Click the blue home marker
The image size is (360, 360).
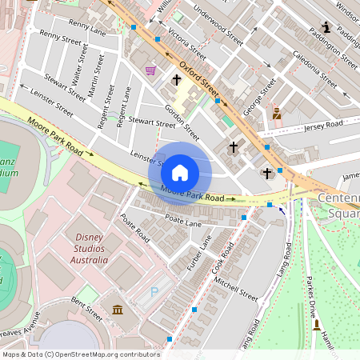click(180, 172)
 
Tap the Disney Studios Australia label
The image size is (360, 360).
click(90, 248)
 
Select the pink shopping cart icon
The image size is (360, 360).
click(150, 70)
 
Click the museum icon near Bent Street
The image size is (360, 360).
click(118, 310)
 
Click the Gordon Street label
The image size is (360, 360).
click(182, 121)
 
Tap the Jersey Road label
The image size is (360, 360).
click(322, 125)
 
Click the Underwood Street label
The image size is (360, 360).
click(218, 26)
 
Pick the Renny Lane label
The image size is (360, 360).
click(87, 29)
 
